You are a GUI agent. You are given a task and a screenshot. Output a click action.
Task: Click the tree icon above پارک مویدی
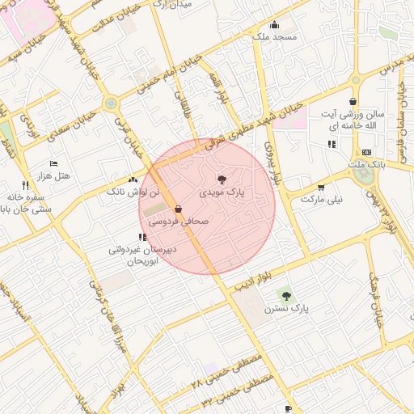click(222, 179)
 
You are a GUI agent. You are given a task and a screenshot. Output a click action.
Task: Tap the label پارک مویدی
click(222, 193)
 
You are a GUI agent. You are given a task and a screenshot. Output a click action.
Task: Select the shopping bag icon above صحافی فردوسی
click(178, 209)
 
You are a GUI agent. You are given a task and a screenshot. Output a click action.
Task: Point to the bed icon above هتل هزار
click(54, 163)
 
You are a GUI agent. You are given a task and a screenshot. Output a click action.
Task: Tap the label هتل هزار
click(54, 175)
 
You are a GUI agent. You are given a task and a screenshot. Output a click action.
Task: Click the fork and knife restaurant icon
click(26, 185)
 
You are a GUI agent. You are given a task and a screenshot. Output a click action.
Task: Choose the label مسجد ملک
click(275, 37)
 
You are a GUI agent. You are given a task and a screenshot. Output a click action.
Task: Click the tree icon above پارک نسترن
click(286, 296)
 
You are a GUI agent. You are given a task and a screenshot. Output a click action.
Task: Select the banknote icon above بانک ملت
click(366, 152)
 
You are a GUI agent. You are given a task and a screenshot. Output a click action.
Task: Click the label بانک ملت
click(365, 165)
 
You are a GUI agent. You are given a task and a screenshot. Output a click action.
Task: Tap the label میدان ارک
click(174, 5)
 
